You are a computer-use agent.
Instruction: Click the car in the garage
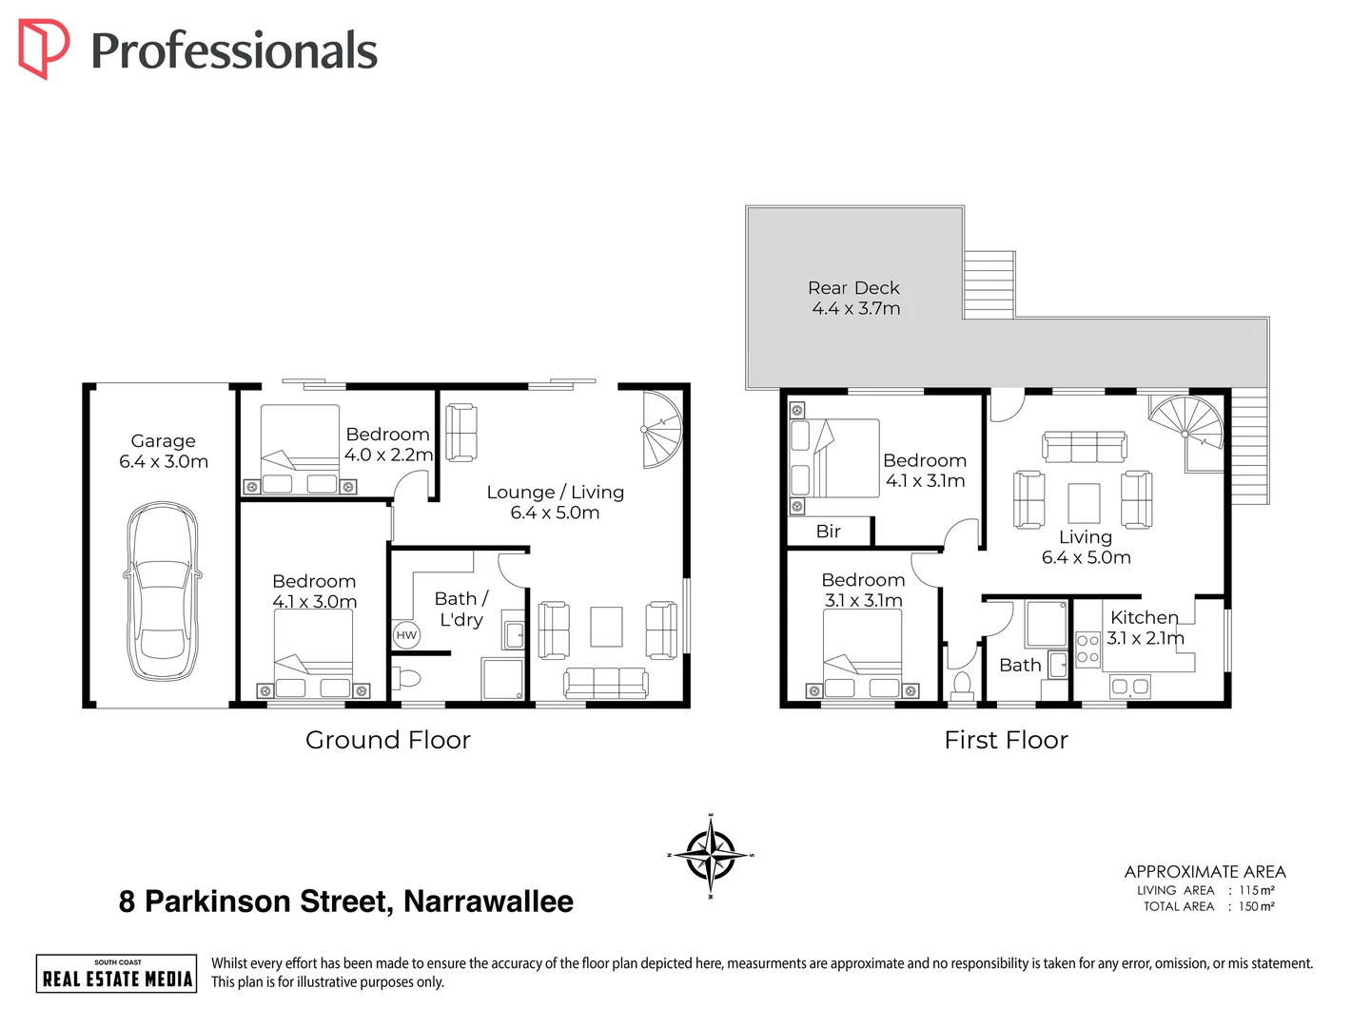click(163, 591)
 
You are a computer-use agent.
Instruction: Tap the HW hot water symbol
click(406, 635)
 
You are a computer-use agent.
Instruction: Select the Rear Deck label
click(854, 298)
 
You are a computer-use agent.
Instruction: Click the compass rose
click(710, 855)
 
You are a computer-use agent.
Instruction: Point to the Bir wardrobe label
click(829, 532)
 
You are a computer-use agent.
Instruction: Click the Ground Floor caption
click(387, 740)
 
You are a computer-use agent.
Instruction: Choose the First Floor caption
click(1006, 740)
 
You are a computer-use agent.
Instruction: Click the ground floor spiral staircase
click(662, 430)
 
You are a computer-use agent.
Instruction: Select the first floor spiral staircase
click(1186, 432)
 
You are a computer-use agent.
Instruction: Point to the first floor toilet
click(962, 688)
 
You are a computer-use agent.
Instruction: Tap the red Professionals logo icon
click(43, 48)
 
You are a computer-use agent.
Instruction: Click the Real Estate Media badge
click(116, 974)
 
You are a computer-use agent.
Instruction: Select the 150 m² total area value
click(1256, 906)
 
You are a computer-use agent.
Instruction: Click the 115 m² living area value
click(1256, 890)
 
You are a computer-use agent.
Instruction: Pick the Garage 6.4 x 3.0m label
click(163, 452)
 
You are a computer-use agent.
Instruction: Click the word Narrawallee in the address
click(488, 901)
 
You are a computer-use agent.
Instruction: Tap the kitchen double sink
click(1130, 687)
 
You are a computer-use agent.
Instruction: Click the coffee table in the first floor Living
click(1084, 503)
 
